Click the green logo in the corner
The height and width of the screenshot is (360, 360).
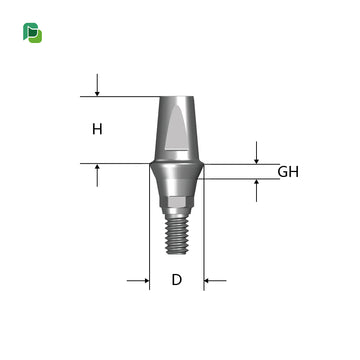click(x=32, y=33)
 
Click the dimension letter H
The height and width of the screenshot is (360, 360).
click(x=97, y=129)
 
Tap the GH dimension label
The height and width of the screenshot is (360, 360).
click(x=288, y=171)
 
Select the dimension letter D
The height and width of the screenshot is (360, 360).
click(x=176, y=280)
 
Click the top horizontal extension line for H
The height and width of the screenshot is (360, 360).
click(x=120, y=97)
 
